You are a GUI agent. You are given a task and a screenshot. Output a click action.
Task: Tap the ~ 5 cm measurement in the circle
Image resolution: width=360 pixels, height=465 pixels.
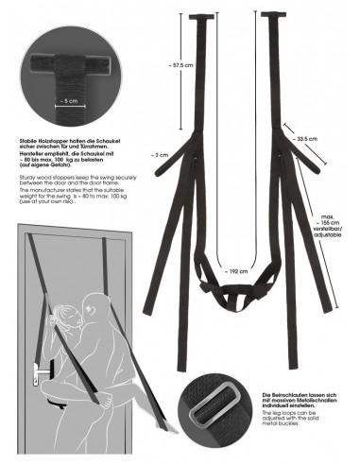click(68, 98)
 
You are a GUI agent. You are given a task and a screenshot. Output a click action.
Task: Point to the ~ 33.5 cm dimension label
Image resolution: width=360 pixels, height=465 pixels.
click(306, 138)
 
